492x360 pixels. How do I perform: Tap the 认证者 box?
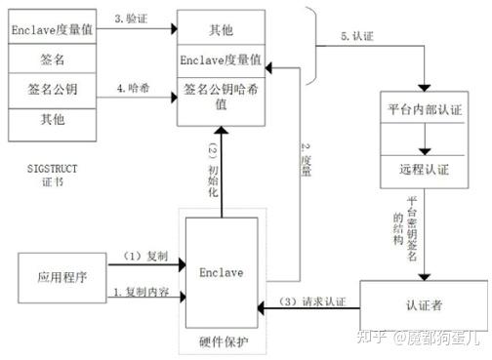coord(423,304)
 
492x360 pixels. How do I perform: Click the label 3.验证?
coord(133,20)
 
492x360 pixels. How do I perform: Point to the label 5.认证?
coord(357,37)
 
